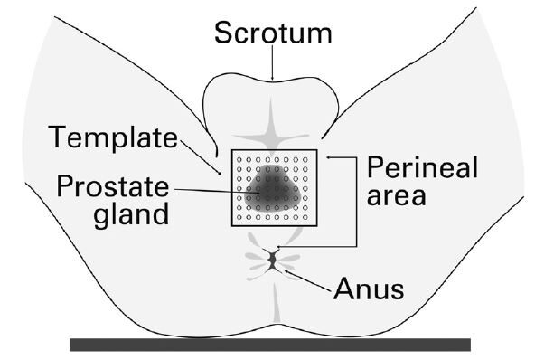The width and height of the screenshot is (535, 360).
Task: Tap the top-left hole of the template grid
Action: [x=239, y=159]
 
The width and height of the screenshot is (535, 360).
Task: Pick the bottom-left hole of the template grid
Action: [x=239, y=217]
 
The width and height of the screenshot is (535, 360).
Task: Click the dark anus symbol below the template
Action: [x=272, y=261]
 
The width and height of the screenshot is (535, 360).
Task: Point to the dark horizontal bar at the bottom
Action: [x=270, y=344]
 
